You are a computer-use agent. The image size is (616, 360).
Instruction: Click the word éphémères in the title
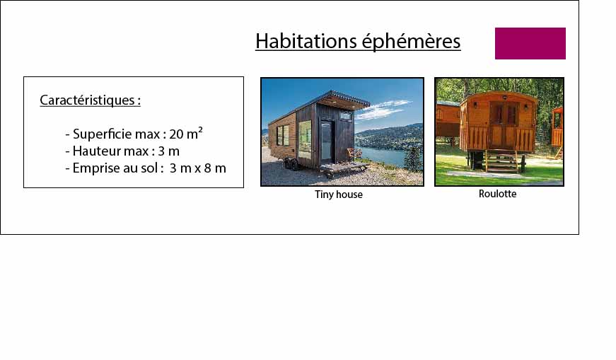411,41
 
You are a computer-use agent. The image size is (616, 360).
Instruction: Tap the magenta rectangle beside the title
530,43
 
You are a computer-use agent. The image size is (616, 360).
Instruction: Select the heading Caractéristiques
90,100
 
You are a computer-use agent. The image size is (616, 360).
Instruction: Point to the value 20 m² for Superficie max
186,134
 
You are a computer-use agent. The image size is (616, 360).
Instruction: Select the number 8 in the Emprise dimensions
207,168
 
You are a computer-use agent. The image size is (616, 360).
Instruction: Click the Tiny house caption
339,194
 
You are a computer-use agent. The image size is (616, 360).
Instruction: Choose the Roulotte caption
497,194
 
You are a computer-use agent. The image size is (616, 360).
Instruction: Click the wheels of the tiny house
291,164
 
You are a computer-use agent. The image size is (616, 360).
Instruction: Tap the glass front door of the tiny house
327,141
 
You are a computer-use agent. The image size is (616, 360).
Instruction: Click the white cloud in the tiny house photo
383,109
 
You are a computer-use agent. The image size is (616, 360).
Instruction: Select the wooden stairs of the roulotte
501,162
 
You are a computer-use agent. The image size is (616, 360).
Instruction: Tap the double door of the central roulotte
503,125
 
